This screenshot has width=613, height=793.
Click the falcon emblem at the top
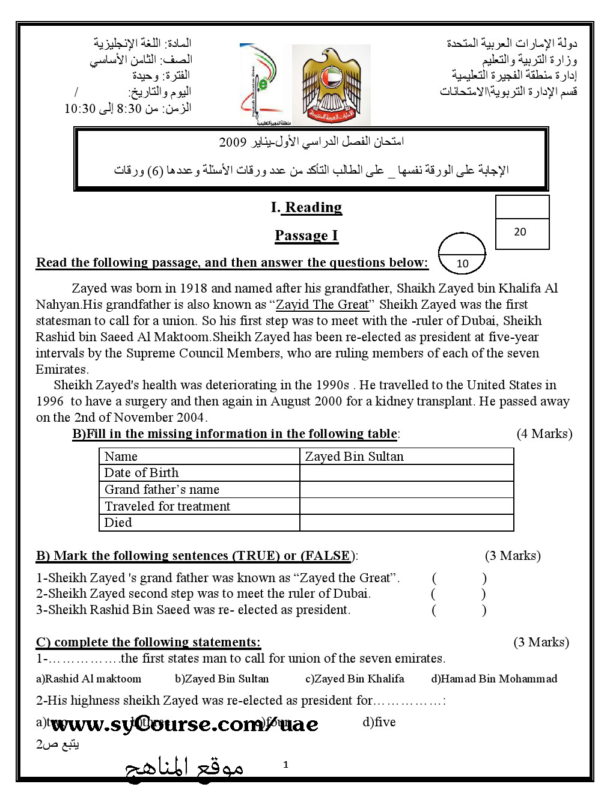(x=331, y=85)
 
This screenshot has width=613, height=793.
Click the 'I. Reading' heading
(x=306, y=207)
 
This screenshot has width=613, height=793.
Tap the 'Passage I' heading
(x=306, y=235)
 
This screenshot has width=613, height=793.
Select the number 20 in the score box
(x=520, y=232)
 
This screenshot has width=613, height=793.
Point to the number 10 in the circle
(x=462, y=263)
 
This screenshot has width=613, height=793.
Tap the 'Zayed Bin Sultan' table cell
(x=355, y=457)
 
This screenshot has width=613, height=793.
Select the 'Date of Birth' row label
(x=142, y=473)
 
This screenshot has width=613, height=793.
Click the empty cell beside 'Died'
(x=406, y=523)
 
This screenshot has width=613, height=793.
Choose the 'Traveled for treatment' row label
(x=168, y=506)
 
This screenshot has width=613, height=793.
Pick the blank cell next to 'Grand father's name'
(x=406, y=490)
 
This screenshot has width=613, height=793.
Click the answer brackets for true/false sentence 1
(x=459, y=579)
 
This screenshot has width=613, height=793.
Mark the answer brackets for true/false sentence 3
(x=459, y=610)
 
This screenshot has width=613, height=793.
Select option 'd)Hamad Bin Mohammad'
(x=494, y=679)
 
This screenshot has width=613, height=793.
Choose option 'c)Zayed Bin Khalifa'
(x=355, y=679)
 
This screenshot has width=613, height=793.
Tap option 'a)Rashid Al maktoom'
(x=89, y=679)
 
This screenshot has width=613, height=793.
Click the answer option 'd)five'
(x=379, y=722)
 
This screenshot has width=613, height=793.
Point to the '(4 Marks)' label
(x=544, y=434)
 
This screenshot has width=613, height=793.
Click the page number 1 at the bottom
(x=285, y=765)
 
